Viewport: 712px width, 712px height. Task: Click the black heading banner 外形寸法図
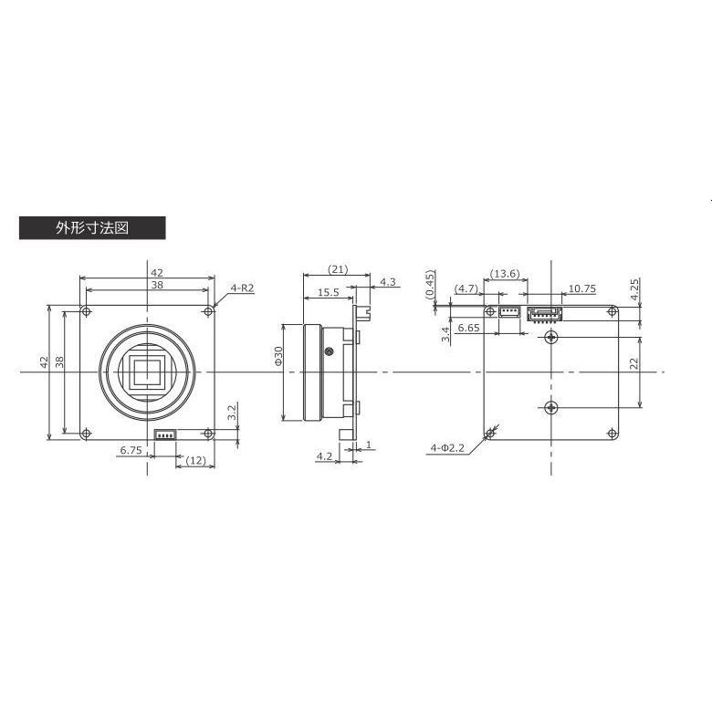point(91,228)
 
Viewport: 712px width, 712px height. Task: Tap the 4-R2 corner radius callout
point(242,288)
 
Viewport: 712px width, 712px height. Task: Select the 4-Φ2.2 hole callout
point(448,448)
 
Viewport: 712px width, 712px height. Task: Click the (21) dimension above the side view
point(338,269)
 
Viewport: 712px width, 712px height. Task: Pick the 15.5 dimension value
point(330,293)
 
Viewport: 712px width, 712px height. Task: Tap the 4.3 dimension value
point(388,282)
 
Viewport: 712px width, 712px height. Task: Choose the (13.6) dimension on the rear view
point(505,274)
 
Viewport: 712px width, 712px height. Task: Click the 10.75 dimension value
point(581,288)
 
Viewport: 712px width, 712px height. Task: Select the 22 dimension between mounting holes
point(635,363)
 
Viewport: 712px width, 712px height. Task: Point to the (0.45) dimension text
point(430,284)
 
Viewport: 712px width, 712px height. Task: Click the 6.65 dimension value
point(469,327)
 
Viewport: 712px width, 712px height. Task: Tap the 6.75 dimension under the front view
point(131,450)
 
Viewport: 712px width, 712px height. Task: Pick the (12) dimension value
point(194,461)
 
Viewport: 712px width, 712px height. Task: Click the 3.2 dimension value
point(233,413)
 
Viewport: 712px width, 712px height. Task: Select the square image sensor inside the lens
point(148,372)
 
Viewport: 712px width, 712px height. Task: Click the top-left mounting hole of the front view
point(87,312)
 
